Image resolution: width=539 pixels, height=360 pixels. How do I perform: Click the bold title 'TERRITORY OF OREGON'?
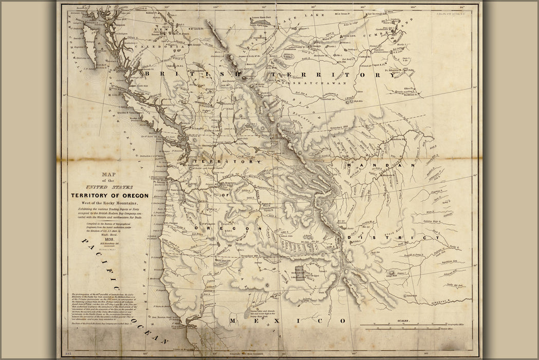point(109,195)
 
